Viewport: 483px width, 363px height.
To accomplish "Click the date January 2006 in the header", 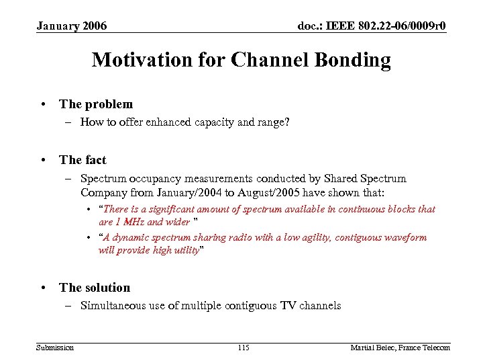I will pyautogui.click(x=71, y=26).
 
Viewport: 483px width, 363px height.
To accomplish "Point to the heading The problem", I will pyautogui.click(x=96, y=104).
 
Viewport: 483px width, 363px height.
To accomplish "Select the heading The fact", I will pyautogui.click(x=83, y=160).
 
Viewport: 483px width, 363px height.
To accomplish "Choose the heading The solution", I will pyautogui.click(x=95, y=288).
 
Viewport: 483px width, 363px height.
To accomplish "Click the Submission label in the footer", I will pyautogui.click(x=55, y=347).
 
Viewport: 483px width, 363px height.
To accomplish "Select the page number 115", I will pyautogui.click(x=244, y=347).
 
